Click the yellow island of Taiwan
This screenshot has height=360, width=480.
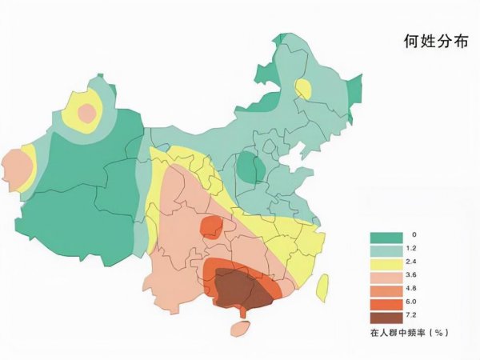323,286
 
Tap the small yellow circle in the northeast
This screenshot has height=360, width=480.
302,89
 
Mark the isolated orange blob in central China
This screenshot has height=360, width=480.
211,226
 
